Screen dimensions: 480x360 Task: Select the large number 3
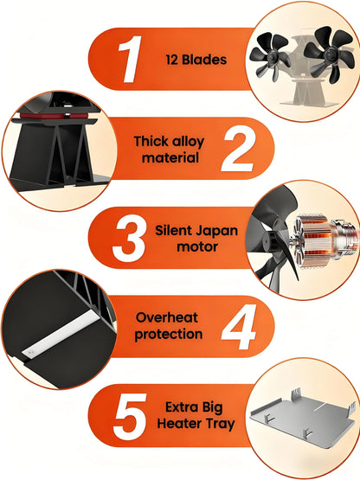click(x=129, y=241)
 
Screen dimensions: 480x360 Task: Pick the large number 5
click(x=131, y=417)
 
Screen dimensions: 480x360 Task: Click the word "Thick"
click(x=151, y=141)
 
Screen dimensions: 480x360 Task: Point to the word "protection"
click(x=169, y=335)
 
